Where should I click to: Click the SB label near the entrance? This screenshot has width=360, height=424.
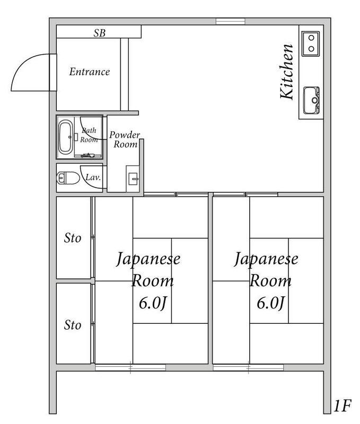pos(99,33)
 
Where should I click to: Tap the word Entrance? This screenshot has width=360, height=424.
pos(90,72)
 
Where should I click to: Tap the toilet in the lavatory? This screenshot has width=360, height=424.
pos(65,178)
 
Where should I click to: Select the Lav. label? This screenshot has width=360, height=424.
pos(93,178)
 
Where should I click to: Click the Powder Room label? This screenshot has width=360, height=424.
pos(124,139)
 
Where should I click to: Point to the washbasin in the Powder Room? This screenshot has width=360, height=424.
pos(133,178)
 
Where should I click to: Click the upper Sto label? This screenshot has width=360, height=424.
pos(73,238)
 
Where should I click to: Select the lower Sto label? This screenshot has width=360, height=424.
pos(73,324)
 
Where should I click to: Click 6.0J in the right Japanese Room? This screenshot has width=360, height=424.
pos(271,303)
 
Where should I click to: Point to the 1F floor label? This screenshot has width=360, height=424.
pos(343,407)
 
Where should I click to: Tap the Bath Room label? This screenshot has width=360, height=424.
pos(89,135)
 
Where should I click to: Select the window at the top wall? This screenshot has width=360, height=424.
pos(231,21)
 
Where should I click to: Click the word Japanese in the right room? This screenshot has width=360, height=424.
pos(266,261)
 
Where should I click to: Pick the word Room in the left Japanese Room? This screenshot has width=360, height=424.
pos(153,281)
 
